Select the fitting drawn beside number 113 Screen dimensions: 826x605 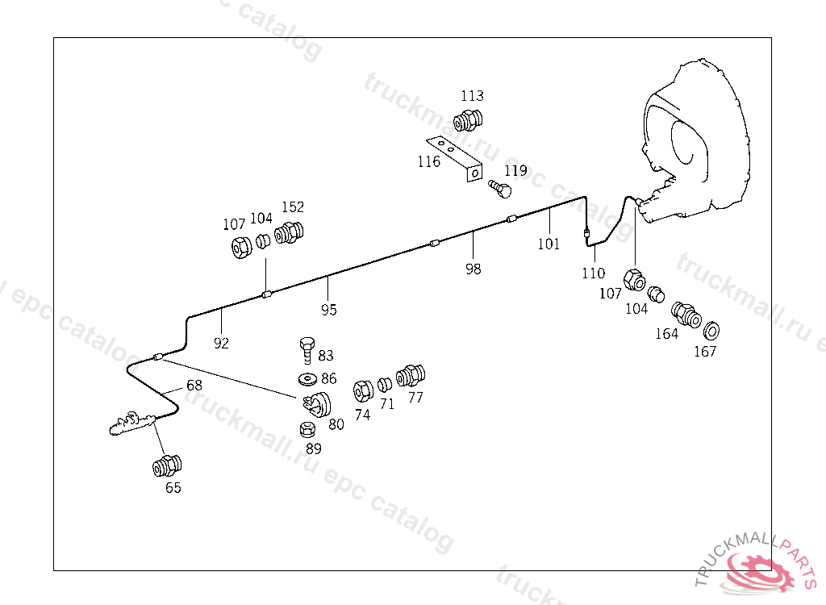click(x=467, y=121)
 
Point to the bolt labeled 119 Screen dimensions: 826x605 click(x=501, y=189)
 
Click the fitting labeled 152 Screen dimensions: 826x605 click(x=288, y=233)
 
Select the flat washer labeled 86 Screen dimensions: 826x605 click(x=307, y=378)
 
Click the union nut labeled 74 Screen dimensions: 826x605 click(x=362, y=391)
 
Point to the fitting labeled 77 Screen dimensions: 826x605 click(x=411, y=375)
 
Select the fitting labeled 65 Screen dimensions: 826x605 click(x=167, y=466)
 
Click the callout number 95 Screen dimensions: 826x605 click(x=328, y=310)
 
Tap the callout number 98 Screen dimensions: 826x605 click(x=473, y=269)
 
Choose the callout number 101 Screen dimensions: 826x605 click(x=549, y=244)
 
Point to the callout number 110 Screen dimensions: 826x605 click(x=593, y=273)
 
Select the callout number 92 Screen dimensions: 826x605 click(x=221, y=343)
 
